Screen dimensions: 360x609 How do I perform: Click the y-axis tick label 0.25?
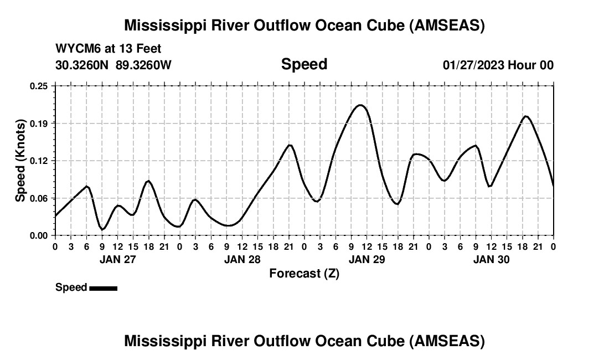39,86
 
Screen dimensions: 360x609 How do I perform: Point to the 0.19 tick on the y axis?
39,123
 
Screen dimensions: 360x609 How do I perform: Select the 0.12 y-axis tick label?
39,161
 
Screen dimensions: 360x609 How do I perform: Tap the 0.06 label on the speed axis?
39,198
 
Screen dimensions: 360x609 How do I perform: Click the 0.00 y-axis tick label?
39,235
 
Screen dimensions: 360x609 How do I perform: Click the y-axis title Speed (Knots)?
20,161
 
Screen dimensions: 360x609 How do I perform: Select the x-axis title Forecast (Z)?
304,273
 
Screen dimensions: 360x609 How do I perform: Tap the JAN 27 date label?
117,259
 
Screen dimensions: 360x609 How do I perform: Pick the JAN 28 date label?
242,259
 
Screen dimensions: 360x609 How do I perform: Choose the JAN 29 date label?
367,259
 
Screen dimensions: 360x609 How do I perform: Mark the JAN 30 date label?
491,259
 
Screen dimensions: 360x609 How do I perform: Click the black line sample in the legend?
103,288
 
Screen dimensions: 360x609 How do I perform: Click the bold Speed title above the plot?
304,64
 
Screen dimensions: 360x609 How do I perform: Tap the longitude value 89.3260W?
143,65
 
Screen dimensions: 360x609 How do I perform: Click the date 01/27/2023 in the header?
473,65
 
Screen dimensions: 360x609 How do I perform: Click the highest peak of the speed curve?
360,105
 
